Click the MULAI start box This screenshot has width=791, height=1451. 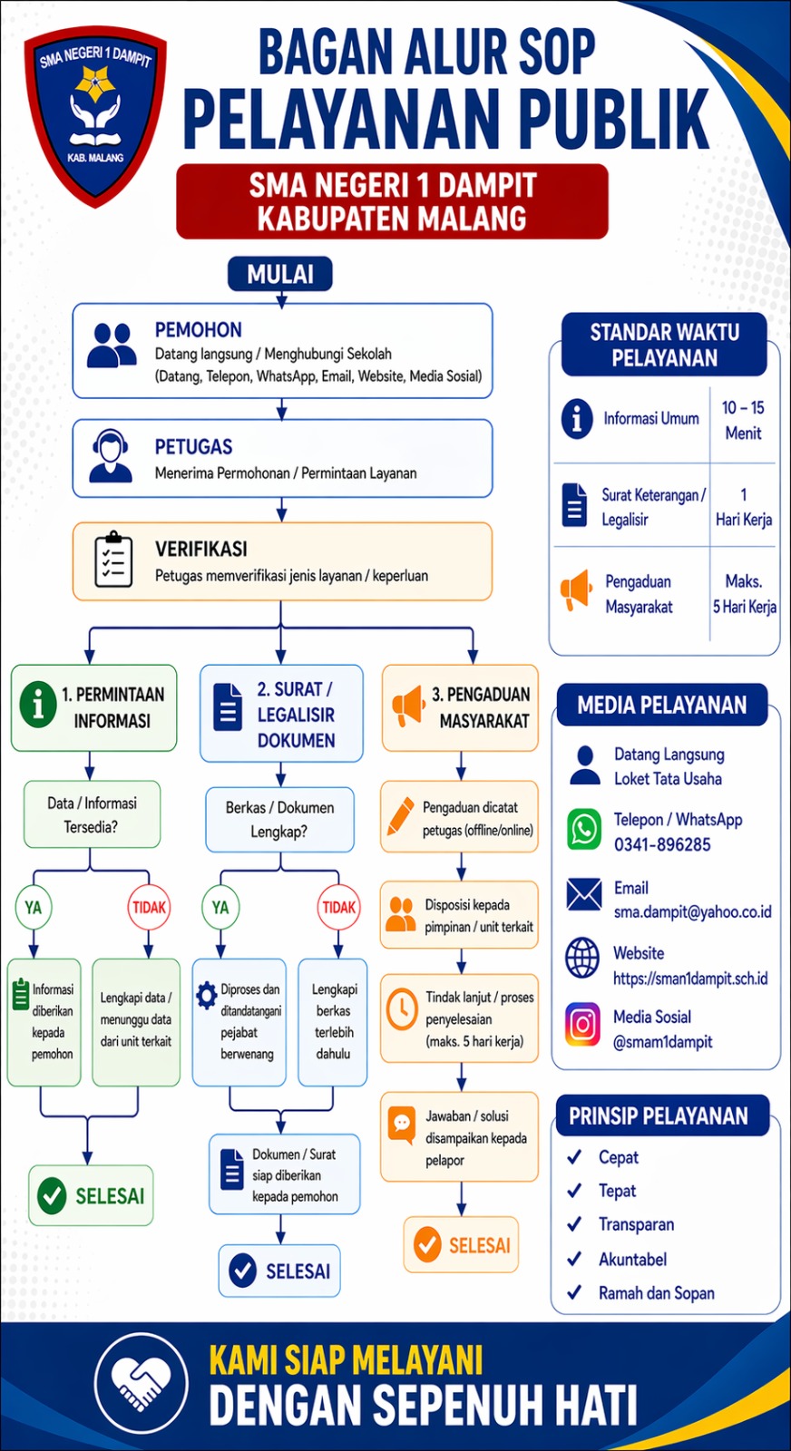click(280, 274)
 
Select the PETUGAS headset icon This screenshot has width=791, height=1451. click(110, 456)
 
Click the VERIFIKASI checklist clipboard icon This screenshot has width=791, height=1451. click(113, 560)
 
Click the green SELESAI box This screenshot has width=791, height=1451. click(91, 1195)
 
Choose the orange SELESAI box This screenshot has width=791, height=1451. click(461, 1245)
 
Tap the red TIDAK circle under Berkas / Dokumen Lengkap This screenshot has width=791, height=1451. click(338, 907)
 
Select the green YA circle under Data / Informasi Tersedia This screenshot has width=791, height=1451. click(34, 907)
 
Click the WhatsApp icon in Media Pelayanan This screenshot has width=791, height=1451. click(583, 830)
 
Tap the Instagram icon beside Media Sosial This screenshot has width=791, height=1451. click(582, 1026)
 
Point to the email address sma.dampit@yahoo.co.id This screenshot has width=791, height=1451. click(692, 911)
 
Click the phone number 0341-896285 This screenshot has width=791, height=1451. click(662, 844)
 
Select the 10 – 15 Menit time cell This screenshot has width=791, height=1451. click(743, 420)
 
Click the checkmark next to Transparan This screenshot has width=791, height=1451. click(574, 1224)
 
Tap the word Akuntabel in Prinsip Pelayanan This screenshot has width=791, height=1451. click(632, 1259)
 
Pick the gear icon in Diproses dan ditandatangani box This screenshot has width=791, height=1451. click(207, 991)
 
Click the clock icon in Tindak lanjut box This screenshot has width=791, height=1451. click(401, 1009)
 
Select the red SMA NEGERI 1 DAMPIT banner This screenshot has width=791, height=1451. click(392, 201)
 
